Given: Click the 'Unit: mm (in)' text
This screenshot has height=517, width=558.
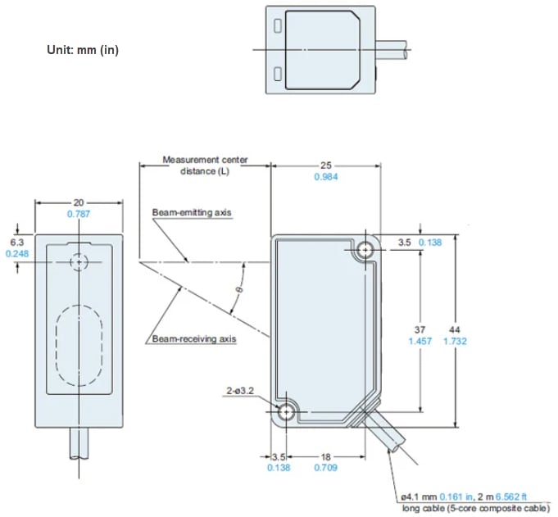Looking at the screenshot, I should [83, 50].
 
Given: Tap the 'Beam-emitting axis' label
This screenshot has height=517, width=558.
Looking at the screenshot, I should [192, 212].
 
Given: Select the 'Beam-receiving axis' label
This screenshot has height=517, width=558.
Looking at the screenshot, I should [194, 338].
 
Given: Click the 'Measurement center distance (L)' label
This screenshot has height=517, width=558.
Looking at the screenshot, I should [205, 165].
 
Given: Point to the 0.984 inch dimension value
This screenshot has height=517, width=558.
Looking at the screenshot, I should [325, 177].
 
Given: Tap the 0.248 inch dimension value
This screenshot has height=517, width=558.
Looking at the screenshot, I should [16, 254].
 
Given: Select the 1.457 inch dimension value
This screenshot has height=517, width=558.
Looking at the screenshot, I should [421, 341].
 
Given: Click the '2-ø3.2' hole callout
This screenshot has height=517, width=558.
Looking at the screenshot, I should [240, 392].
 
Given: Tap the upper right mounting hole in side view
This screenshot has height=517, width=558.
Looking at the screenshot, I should [365, 252].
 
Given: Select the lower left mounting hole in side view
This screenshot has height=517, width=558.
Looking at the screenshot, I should [287, 412].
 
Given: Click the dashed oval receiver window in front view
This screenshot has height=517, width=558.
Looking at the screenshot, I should [78, 344].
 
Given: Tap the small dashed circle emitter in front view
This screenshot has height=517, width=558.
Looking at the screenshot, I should [79, 262].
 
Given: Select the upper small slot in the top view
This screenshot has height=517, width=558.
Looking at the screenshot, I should [279, 26].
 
